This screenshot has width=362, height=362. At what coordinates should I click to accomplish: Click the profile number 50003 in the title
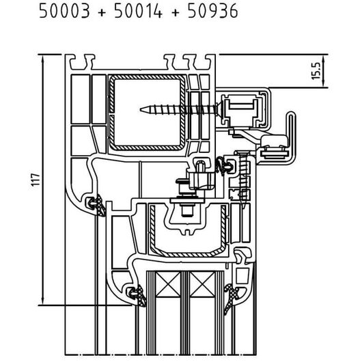click(64, 11)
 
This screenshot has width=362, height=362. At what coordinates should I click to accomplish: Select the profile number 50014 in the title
click(138, 11)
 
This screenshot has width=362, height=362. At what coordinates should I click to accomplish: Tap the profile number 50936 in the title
click(212, 11)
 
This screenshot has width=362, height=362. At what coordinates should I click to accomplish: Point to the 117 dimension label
click(36, 180)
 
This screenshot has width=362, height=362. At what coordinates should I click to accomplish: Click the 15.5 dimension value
click(316, 71)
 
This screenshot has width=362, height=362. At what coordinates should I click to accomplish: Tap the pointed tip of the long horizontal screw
click(141, 110)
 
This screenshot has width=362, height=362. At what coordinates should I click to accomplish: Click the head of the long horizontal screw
click(220, 109)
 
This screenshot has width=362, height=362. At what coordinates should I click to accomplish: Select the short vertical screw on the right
click(243, 180)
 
